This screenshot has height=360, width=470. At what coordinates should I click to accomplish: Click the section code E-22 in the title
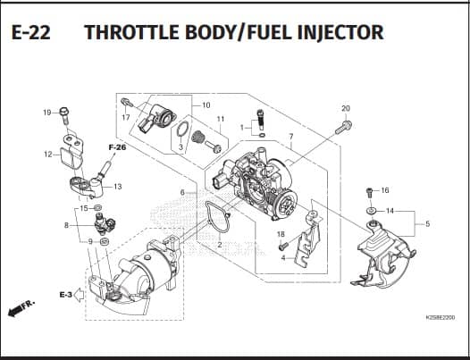click(31, 32)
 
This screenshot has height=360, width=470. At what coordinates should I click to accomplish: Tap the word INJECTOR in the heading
click(340, 32)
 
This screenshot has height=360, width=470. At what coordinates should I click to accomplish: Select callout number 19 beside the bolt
click(47, 113)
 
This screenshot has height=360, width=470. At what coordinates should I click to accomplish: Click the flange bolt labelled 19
click(64, 116)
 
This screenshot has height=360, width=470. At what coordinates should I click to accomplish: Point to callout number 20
click(346, 108)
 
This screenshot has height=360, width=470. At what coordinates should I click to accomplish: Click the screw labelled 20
click(343, 127)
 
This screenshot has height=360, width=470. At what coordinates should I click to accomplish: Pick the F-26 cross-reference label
click(117, 147)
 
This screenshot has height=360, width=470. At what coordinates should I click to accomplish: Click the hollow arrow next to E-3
click(79, 295)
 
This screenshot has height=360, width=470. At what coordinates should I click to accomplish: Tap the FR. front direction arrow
click(21, 307)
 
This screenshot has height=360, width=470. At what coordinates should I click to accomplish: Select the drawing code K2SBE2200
click(440, 317)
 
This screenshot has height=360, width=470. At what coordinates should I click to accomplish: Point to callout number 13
click(118, 187)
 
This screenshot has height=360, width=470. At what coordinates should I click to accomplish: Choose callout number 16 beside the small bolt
click(385, 190)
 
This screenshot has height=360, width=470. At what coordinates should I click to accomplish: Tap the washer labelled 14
click(372, 211)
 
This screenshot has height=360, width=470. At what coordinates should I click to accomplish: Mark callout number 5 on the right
click(427, 223)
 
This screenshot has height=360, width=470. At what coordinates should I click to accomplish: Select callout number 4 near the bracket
click(283, 258)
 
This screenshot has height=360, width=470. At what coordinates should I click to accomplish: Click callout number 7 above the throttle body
click(291, 137)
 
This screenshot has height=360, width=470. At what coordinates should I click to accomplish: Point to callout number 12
click(48, 155)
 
